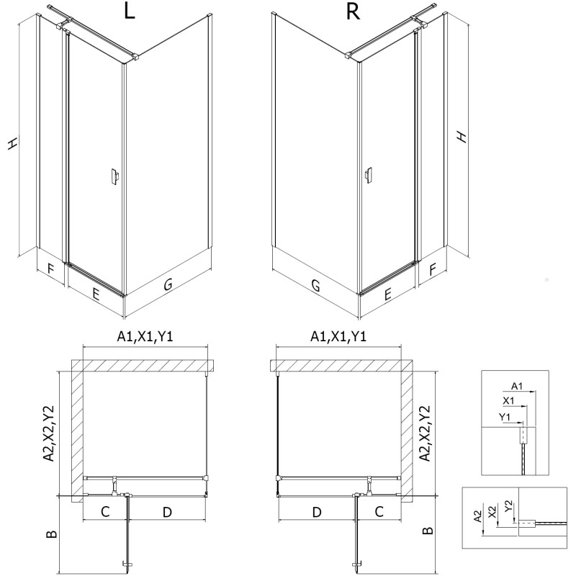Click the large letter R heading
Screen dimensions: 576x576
click(x=353, y=14)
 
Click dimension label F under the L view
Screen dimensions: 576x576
click(x=50, y=271)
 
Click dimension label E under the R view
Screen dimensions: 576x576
click(x=387, y=294)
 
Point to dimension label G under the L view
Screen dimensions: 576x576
click(x=167, y=285)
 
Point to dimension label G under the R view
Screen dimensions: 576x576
click(x=315, y=285)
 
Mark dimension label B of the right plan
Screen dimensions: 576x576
click(x=428, y=531)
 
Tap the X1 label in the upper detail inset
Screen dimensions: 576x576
click(x=508, y=400)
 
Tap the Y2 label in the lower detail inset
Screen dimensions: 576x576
click(x=509, y=506)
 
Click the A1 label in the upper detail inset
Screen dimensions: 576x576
click(x=516, y=385)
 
